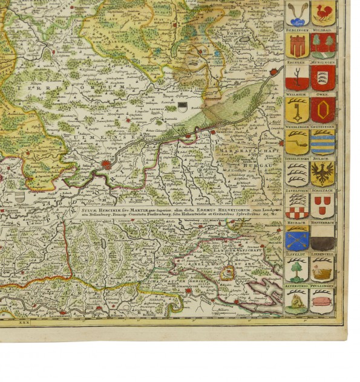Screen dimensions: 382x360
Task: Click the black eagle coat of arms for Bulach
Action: coord(322,174)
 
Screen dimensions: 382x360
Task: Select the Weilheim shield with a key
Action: coord(296,110)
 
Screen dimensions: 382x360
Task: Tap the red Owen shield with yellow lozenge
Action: coord(322,110)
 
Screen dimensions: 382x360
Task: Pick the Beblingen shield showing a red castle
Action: coord(296,45)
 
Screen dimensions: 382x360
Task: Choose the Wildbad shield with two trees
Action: coord(322,45)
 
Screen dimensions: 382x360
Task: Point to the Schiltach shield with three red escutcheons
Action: coord(322,206)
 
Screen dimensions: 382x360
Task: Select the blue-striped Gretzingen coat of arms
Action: coord(322,142)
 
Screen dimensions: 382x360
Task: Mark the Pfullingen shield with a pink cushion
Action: coord(322,301)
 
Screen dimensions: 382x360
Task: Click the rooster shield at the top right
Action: coord(322,13)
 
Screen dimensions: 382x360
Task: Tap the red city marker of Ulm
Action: coord(106,163)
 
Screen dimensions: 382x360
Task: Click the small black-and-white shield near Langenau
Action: coord(182,106)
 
